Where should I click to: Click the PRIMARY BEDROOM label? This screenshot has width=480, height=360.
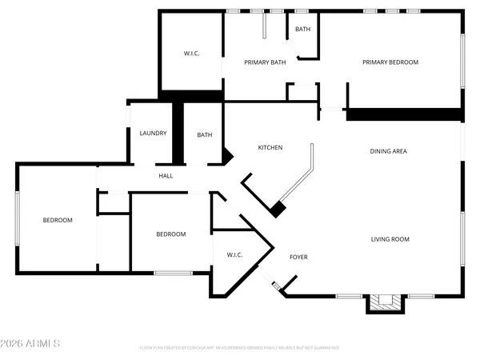click(x=390, y=62)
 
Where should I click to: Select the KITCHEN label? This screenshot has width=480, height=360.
click(x=270, y=147)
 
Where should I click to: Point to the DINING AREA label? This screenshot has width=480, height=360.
click(x=390, y=151)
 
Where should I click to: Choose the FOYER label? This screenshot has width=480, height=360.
click(x=298, y=257)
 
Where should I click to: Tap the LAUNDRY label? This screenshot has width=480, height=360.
click(x=152, y=134)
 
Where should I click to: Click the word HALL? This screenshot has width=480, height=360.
click(x=166, y=176)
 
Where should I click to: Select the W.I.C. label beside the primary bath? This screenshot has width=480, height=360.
click(x=191, y=54)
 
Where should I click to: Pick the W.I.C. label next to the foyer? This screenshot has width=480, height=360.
click(x=234, y=255)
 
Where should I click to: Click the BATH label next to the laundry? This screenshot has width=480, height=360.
click(x=205, y=135)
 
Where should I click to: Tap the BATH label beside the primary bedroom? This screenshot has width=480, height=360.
click(x=302, y=30)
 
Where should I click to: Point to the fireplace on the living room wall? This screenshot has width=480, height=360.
click(x=382, y=302)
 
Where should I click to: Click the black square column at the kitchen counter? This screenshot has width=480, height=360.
click(x=277, y=210)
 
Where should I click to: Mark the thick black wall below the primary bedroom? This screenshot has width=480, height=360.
click(x=404, y=114)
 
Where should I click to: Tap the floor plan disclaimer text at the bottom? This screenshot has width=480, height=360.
click(x=239, y=348)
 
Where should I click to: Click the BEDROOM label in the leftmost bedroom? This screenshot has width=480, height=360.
click(x=58, y=220)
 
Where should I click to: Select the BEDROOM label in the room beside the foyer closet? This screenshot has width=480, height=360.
click(x=170, y=234)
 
